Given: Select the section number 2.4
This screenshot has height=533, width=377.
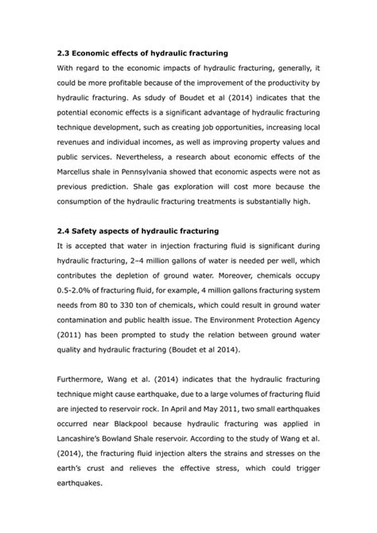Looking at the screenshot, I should (65, 231).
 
